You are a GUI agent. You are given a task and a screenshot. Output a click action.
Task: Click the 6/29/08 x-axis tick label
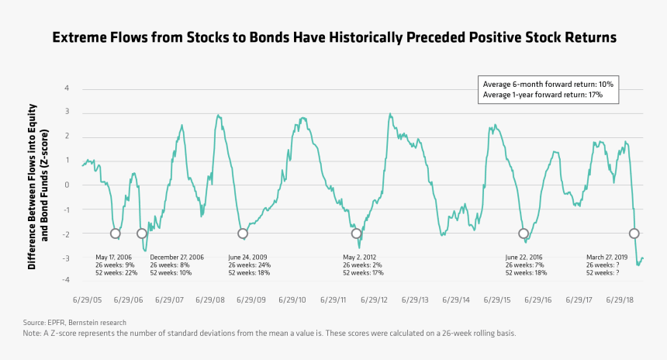pos(210,300)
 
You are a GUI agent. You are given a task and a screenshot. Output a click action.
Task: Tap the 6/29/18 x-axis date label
pos(620,300)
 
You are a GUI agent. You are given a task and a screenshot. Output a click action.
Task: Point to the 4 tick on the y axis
pos(67,88)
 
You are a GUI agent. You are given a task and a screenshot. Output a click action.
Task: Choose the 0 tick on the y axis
pos(67,185)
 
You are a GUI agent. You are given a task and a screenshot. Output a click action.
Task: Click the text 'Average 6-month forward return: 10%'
pos(548,85)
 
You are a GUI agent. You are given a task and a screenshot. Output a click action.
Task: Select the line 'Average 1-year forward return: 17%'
pos(542,95)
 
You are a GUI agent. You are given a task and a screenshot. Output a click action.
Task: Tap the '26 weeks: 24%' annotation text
pos(249,265)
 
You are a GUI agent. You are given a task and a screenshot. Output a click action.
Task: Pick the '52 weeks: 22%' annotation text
pos(116,273)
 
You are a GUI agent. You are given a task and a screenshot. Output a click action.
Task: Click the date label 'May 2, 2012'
pos(359,258)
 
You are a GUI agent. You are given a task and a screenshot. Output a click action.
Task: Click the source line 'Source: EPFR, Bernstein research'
pos(74,323)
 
